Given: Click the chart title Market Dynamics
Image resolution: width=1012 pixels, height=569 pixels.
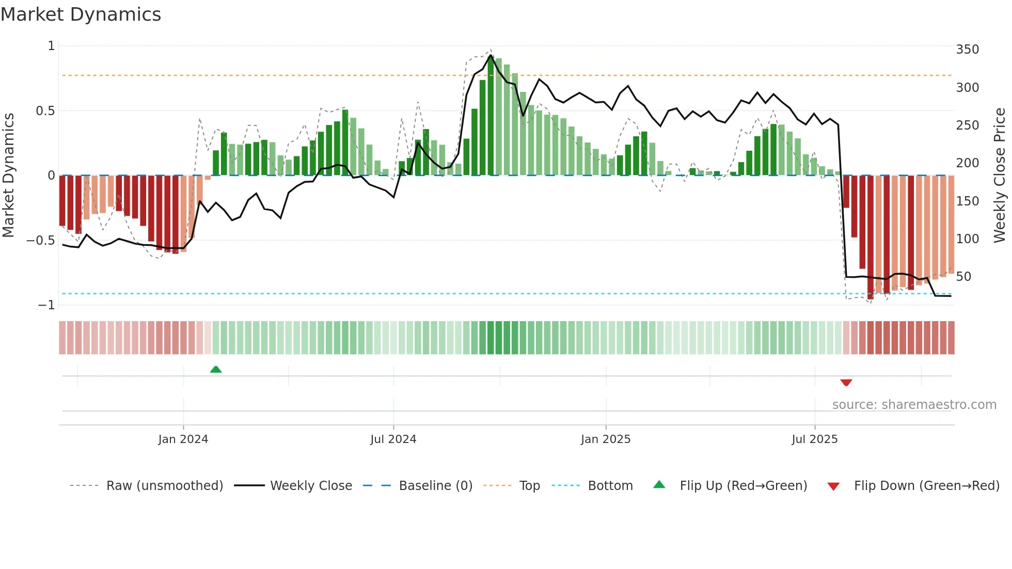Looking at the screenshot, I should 81,14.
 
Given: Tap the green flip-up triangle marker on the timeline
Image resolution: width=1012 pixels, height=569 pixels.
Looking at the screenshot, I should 216,369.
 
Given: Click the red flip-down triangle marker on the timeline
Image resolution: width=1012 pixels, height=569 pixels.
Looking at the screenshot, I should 846,383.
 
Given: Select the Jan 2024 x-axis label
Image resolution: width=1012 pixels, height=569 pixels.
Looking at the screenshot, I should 183,439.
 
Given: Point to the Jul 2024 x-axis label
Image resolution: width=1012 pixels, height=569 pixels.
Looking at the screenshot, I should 393,439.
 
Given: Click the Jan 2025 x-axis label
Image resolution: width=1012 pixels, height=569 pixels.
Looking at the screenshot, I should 605,439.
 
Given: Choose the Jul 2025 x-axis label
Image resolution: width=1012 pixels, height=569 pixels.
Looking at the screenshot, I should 814,439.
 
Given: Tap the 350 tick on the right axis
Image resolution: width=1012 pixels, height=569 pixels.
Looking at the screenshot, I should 967,50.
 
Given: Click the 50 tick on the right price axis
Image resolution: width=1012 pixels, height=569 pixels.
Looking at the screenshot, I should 963,277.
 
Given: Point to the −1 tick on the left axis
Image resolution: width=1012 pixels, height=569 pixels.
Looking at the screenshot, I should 46,305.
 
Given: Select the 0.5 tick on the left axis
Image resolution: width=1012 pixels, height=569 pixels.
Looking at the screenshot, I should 45,111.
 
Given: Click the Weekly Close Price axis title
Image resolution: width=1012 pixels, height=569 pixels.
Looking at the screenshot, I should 1000,175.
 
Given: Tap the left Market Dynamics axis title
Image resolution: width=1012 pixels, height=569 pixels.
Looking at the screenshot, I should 8,175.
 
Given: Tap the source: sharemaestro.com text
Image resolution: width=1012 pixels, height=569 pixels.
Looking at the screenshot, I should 914,405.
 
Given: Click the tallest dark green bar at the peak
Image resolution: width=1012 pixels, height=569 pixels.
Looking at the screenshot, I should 491,116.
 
